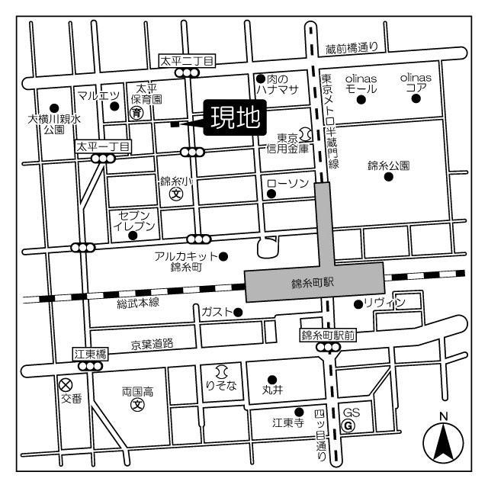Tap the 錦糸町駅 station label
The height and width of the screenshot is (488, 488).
point(313,283)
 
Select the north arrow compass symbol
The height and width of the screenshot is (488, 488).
point(444,439)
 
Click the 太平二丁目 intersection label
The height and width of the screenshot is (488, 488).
point(188,59)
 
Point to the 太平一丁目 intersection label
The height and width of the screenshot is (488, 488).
point(104,146)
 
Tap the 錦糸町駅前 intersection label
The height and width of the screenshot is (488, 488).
point(328,335)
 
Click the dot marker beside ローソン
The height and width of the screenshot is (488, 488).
point(271,194)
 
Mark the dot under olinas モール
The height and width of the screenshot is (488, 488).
point(361,99)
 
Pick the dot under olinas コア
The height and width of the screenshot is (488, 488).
point(416,98)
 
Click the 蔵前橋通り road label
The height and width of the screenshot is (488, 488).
point(352,47)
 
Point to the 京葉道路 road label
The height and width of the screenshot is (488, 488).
point(152,344)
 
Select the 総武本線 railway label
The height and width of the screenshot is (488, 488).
point(137,303)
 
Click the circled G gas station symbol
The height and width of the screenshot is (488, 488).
point(348,425)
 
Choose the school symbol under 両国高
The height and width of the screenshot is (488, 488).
point(137,404)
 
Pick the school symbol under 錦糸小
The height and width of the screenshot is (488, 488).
point(175,194)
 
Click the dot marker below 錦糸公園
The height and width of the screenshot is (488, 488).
point(388,177)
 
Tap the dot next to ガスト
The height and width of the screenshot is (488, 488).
point(238,312)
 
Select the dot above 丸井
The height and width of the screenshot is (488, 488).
point(271,379)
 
